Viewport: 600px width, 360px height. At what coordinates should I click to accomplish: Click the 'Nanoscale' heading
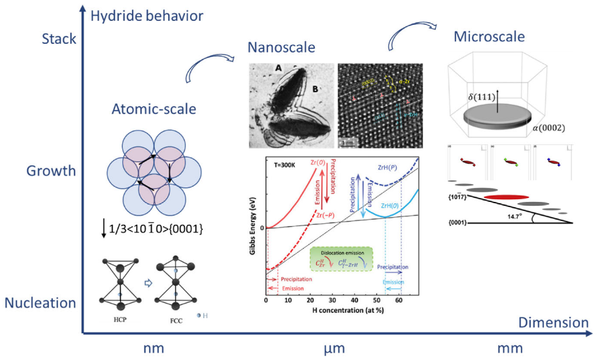[281, 47]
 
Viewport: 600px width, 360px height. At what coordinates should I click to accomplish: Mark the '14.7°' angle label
[524, 213]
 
